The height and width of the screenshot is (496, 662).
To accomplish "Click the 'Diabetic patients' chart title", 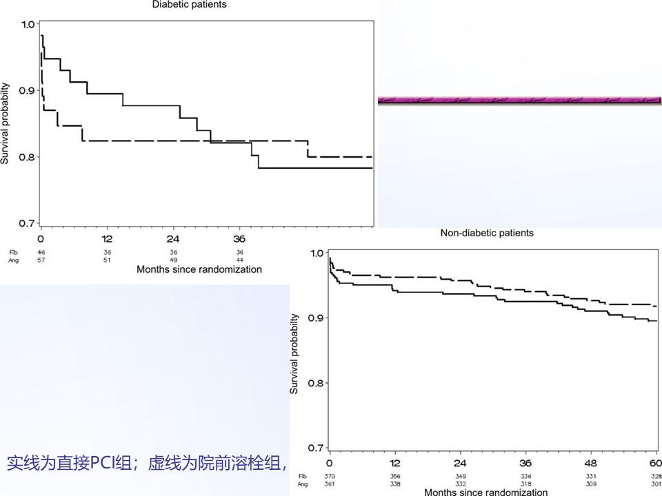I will (189, 5).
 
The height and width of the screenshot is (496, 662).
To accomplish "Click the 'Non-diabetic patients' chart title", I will (487, 233).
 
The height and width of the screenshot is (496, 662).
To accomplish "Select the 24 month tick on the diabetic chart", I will (173, 239).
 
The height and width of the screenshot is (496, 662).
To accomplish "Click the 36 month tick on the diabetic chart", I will (239, 239).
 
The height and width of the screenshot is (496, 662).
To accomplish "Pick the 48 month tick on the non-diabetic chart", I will (591, 462).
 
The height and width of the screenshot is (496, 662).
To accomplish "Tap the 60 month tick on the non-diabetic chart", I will (656, 462).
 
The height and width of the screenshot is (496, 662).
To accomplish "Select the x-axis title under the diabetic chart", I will (199, 269).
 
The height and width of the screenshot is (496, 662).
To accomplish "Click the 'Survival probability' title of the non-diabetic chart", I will (294, 354).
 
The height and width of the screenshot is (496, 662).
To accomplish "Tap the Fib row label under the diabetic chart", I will (12, 252).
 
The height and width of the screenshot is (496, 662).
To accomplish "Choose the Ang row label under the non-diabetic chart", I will (302, 484).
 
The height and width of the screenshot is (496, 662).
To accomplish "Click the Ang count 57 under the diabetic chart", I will (41, 260).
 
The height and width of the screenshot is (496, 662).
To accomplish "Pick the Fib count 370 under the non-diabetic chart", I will (330, 476).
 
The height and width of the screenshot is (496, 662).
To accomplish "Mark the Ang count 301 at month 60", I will (655, 484).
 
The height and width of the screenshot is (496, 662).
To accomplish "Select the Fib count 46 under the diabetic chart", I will (41, 252).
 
